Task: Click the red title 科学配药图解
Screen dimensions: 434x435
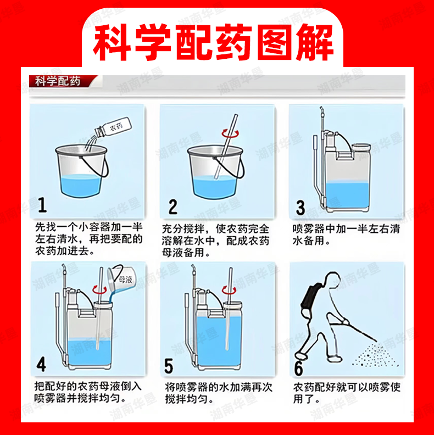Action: (213, 42)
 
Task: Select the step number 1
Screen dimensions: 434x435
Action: (42, 205)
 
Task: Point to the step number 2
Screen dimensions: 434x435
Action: (173, 207)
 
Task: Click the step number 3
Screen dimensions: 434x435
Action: (301, 208)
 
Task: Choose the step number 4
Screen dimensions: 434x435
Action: (41, 364)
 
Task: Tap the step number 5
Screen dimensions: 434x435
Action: (169, 366)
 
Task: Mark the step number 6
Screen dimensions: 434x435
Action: (299, 368)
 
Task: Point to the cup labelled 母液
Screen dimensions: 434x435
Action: (121, 278)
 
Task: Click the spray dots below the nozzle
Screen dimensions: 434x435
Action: (376, 355)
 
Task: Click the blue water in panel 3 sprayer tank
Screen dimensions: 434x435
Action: (347, 195)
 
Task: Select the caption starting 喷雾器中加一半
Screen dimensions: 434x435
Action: (346, 235)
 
